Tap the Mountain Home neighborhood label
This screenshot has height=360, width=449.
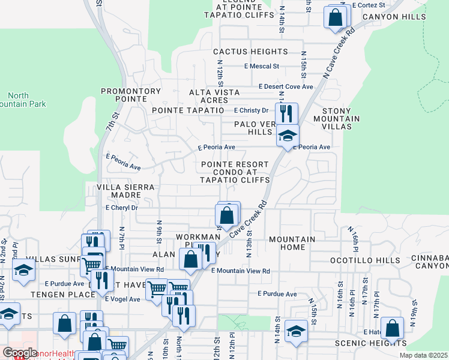point(292,244)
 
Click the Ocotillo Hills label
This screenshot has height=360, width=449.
point(364,261)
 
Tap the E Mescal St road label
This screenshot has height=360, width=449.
point(261,66)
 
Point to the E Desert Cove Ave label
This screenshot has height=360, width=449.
point(286,86)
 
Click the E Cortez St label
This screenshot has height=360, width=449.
point(369,4)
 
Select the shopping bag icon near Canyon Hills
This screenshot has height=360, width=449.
point(336,17)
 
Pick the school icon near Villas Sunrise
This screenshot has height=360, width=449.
point(23,271)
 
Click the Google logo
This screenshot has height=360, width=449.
point(20,353)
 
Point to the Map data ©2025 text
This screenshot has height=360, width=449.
point(424,355)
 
